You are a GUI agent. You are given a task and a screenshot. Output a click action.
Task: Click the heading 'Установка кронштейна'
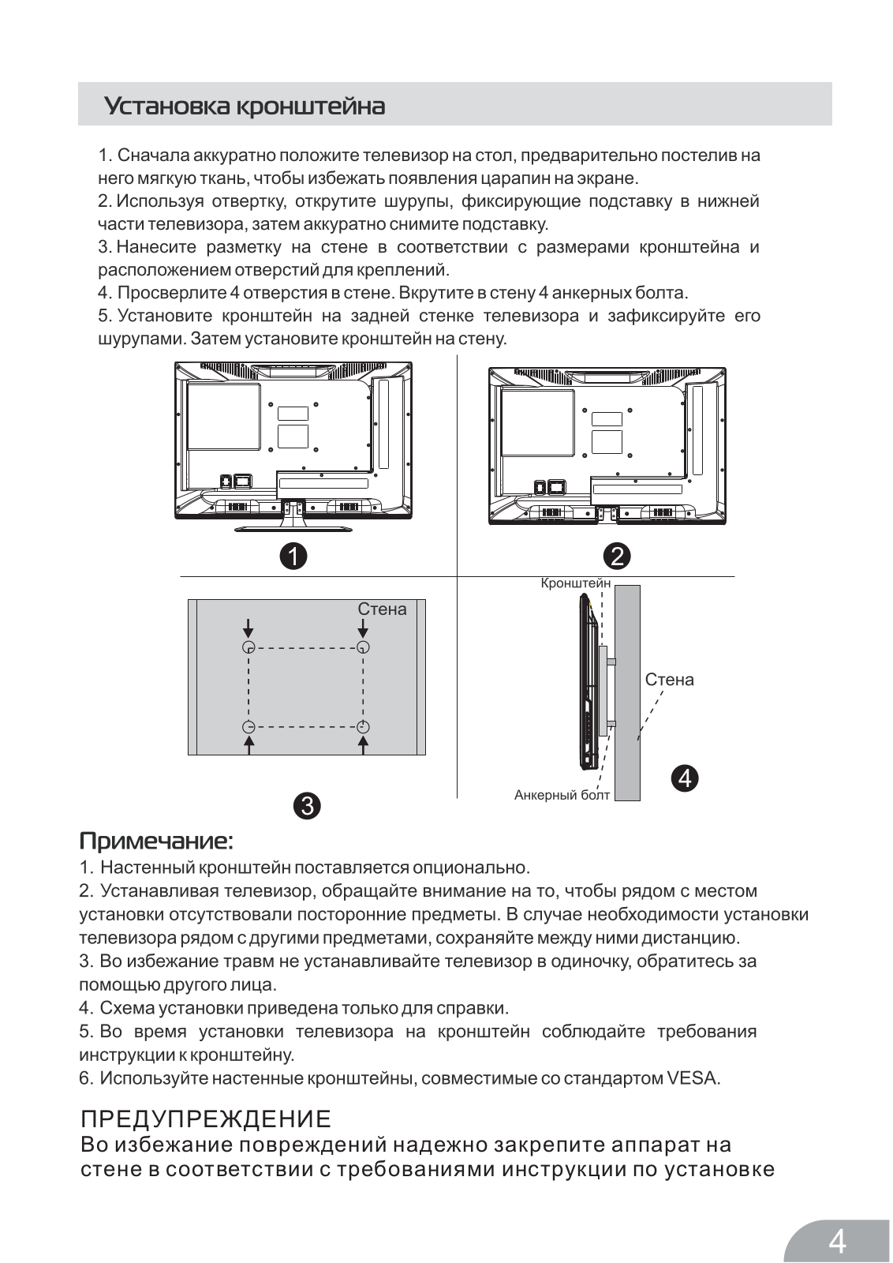coord(245,106)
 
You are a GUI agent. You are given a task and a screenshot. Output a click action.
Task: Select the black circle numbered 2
coord(617,556)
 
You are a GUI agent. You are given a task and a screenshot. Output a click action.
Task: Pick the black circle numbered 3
coord(306,805)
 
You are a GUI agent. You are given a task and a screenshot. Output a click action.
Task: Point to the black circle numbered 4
coord(685,778)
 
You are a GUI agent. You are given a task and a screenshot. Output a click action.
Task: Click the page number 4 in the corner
coord(837,1241)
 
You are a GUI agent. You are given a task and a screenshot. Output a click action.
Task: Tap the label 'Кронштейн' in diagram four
coord(575,583)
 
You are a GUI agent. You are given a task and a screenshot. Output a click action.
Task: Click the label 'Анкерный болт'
coord(562,795)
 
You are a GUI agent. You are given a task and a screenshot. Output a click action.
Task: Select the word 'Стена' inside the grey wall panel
coord(382,609)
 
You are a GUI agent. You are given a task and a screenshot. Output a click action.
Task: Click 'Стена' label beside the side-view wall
coord(669,680)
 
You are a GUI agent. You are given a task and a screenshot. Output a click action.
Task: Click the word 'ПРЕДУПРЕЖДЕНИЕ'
coord(206,1119)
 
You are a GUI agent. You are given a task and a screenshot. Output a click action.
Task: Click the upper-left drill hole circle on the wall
coord(248,647)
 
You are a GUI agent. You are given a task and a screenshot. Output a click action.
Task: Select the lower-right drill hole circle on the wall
coord(363,726)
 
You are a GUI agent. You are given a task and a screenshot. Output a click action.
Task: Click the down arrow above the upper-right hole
coord(363,628)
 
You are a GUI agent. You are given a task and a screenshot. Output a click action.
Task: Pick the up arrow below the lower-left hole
coord(248,745)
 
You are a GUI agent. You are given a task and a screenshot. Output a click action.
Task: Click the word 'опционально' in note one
coord(476,868)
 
